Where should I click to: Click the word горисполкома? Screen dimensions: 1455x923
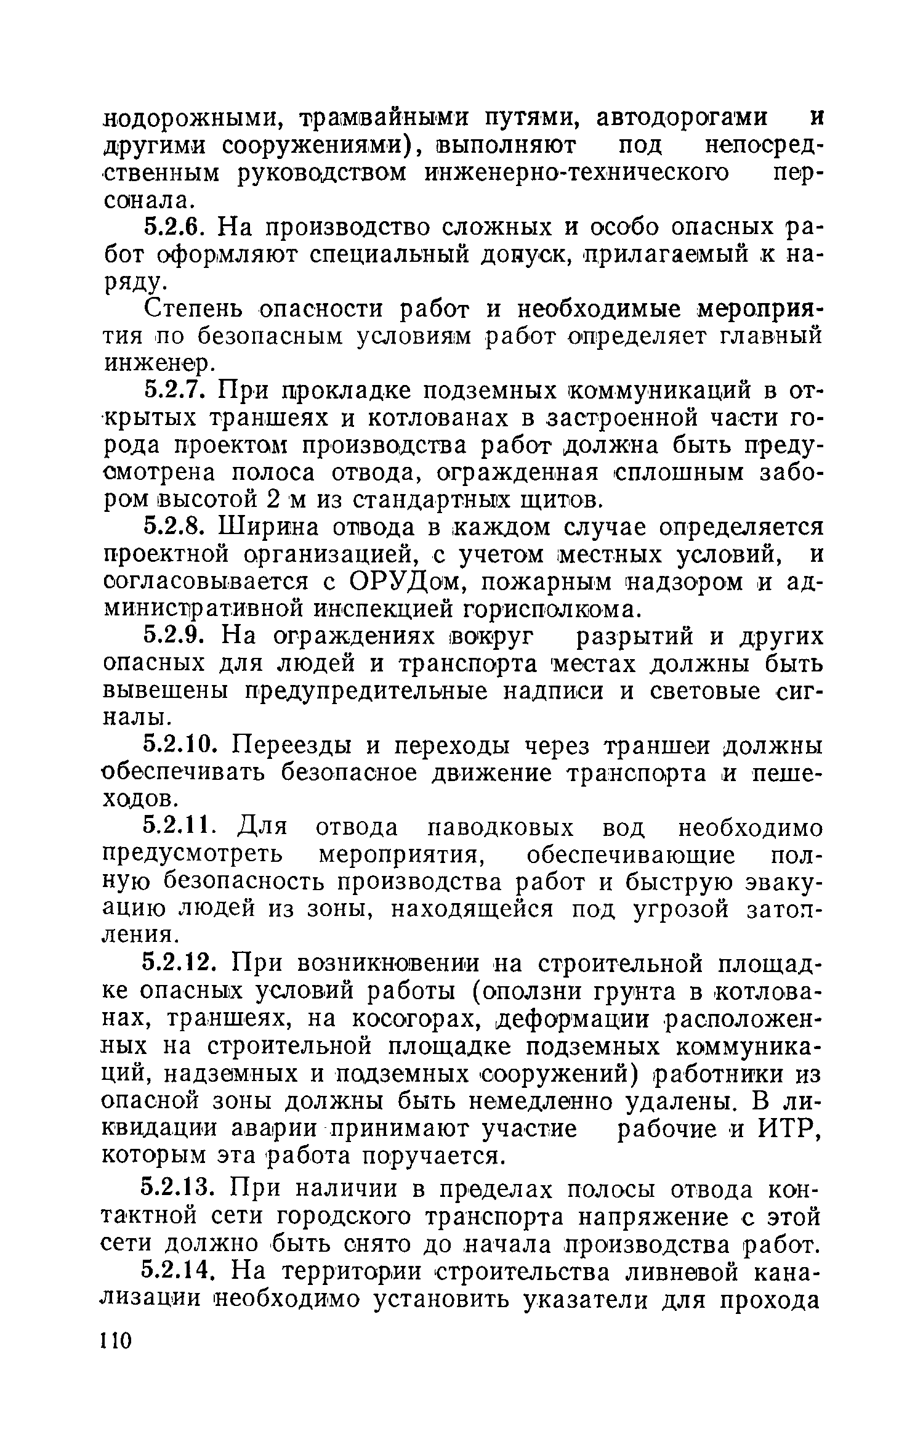tap(552, 610)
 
